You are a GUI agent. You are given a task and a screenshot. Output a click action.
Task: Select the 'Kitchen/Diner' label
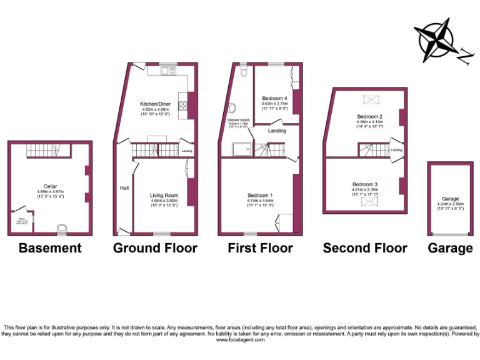156,104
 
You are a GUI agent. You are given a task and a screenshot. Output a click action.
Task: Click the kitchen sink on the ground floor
167,71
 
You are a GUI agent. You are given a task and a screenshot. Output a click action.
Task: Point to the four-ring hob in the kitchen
183,109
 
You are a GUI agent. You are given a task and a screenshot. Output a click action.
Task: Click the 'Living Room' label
164,196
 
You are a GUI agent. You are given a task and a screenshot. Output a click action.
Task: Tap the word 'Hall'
124,188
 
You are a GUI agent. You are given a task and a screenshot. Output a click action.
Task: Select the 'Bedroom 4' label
274,99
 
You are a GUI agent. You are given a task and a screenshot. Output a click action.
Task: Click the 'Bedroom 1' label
260,196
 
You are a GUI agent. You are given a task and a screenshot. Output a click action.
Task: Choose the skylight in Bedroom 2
371,99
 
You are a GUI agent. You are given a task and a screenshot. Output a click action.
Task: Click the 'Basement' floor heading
50,248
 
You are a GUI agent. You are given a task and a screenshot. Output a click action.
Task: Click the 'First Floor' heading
260,248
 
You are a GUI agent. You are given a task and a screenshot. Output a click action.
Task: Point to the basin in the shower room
232,107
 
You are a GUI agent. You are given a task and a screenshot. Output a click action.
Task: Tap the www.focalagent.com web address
239,341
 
